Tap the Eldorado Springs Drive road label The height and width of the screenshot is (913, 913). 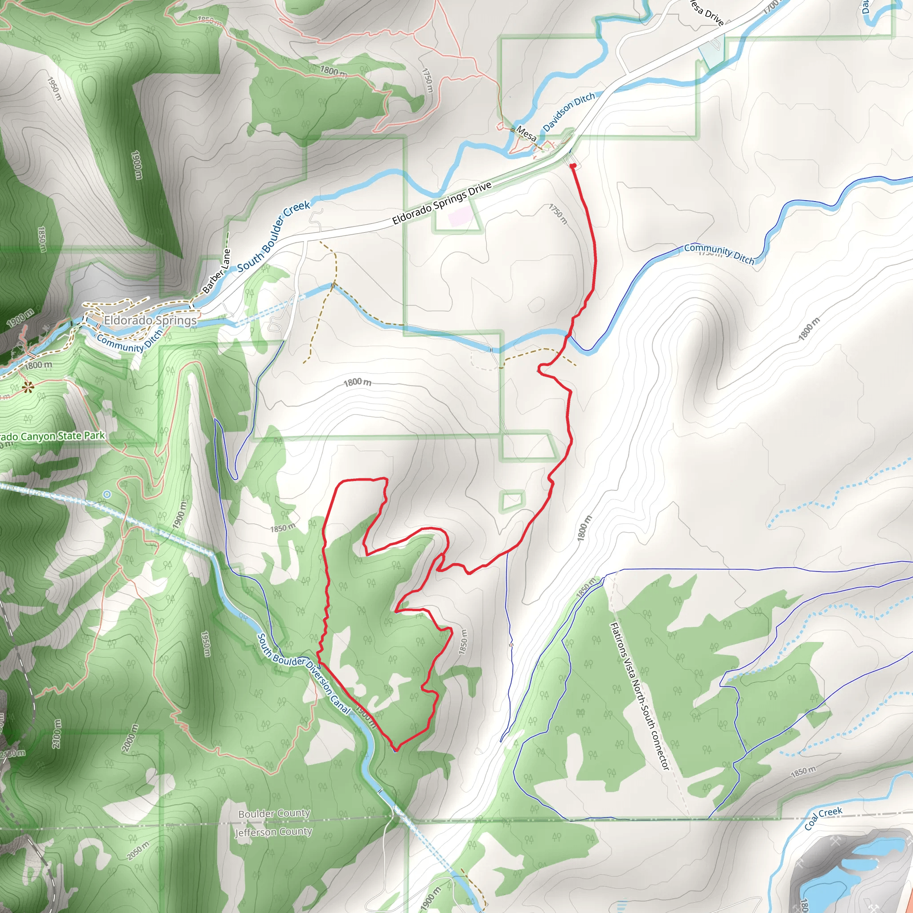pos(442,203)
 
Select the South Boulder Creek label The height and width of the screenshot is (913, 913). pos(274,236)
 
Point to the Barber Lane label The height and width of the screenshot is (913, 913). pos(216,272)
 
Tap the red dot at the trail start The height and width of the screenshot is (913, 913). pos(573,166)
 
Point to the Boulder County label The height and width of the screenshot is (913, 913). pos(274,813)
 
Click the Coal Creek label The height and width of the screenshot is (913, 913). pos(823,818)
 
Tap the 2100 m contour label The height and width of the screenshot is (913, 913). pos(57,733)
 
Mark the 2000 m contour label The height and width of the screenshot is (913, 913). pos(131,738)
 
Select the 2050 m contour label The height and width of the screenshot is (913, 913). pos(138,851)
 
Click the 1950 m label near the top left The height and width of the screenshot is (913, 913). pos(54,88)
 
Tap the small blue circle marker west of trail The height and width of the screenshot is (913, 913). pos(107,494)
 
